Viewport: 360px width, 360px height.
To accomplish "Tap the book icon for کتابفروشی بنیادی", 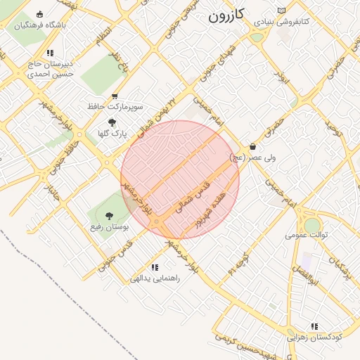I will tap(282, 11).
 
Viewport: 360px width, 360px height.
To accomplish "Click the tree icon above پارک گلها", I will tap(112, 122).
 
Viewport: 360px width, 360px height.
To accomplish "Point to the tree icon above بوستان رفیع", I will tap(109, 216).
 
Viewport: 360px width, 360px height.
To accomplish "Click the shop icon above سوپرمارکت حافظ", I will tap(115, 96).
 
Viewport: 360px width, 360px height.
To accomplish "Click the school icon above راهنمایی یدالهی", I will tap(155, 267).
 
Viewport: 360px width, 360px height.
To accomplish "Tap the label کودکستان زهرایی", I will tap(314, 337).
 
